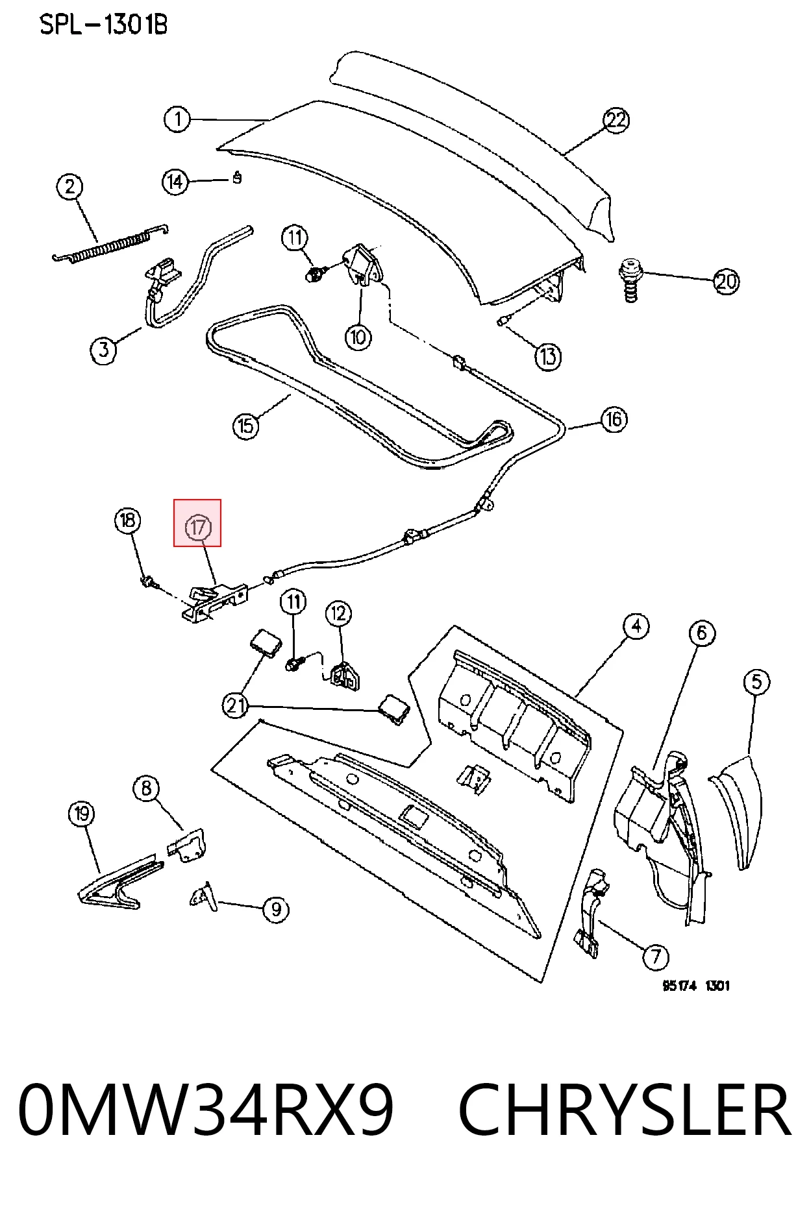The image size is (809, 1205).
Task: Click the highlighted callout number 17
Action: [197, 527]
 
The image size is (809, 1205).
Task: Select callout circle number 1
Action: [177, 119]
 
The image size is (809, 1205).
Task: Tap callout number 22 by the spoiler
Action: [616, 120]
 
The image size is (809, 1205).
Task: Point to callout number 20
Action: [726, 282]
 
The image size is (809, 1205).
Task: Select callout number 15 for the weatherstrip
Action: [245, 426]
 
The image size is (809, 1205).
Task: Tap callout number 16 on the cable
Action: [614, 419]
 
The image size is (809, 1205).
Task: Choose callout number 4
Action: [636, 626]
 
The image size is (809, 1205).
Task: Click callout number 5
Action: [756, 682]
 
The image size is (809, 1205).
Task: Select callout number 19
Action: [81, 814]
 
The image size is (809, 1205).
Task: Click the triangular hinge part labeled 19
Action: [121, 882]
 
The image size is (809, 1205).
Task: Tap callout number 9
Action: [276, 909]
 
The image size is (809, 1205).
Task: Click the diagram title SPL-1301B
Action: [103, 25]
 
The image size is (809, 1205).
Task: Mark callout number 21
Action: [235, 705]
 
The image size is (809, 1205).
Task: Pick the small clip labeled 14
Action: [237, 176]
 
